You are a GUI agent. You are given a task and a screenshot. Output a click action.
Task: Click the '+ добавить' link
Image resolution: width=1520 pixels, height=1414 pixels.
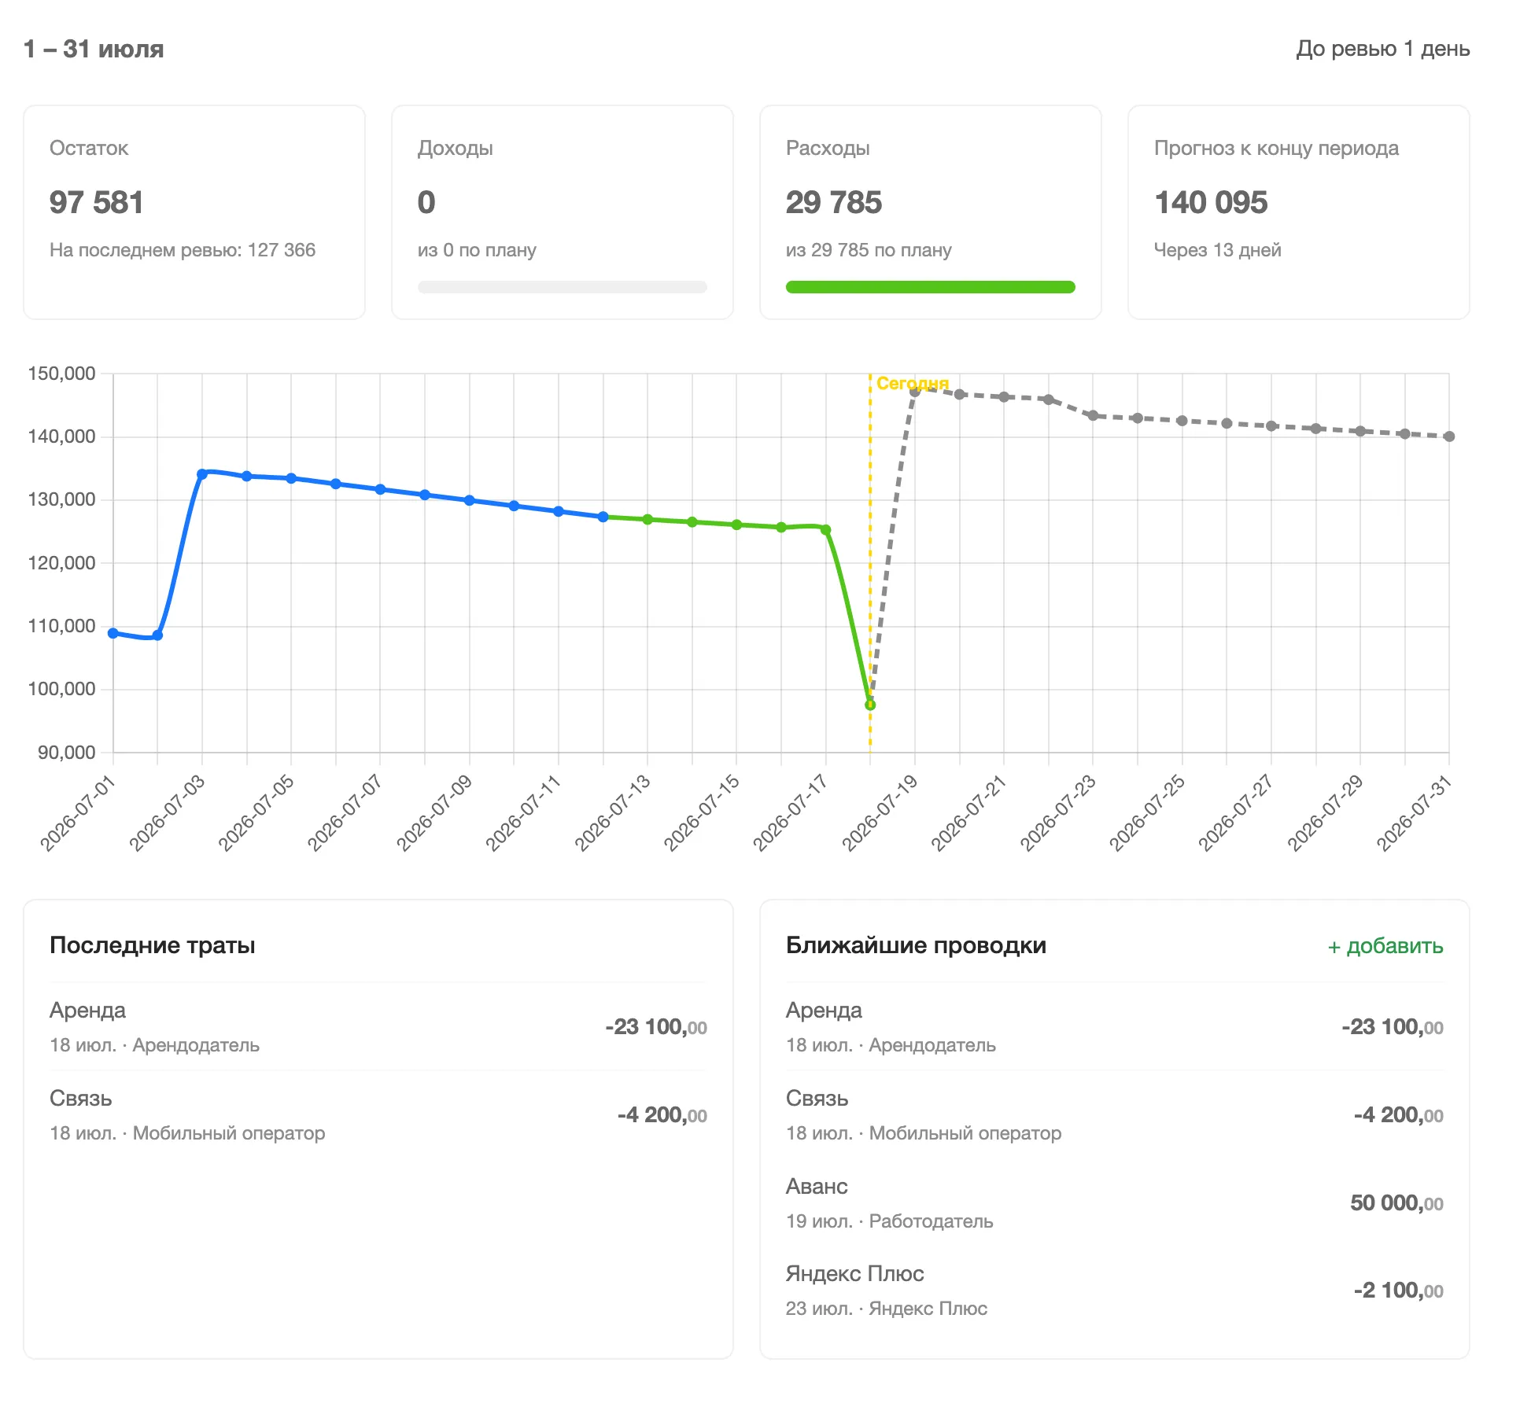[x=1385, y=946]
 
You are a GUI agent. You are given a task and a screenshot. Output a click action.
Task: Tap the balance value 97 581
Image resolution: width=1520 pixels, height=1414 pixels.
[x=96, y=202]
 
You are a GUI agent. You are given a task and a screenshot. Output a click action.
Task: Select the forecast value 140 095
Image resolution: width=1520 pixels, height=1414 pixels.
[x=1211, y=202]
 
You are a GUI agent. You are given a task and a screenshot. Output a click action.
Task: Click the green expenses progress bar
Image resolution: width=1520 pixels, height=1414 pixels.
[x=930, y=287]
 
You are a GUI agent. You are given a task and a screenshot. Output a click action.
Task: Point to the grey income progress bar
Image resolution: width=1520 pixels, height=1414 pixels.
[x=562, y=287]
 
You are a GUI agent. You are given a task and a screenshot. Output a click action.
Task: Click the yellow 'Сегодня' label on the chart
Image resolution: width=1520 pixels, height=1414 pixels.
[x=913, y=383]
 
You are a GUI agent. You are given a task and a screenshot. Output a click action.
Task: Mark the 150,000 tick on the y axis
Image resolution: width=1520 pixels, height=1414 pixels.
[x=61, y=374]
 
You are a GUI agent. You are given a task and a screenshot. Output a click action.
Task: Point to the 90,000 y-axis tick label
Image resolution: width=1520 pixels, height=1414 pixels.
[x=67, y=753]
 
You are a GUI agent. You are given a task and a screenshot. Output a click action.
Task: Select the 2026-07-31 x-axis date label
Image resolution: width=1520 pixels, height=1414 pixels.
[x=1415, y=813]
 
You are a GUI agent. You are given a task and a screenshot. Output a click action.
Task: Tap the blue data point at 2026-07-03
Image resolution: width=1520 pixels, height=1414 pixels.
[x=202, y=474]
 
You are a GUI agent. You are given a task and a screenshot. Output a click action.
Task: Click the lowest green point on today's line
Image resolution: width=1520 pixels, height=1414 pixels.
[x=870, y=705]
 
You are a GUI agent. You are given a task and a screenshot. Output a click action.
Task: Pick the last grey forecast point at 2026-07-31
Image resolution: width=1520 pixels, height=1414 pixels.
[x=1449, y=436]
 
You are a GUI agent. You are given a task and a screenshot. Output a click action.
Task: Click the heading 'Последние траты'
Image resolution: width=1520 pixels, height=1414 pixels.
[x=153, y=945]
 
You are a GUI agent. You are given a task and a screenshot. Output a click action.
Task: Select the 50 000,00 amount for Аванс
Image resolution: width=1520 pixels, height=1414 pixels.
[x=1396, y=1202]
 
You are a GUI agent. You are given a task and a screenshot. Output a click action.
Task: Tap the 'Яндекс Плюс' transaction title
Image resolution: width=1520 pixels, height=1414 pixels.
[x=854, y=1273]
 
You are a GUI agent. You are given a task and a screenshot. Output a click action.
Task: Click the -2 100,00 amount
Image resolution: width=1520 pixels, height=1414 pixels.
[x=1398, y=1290]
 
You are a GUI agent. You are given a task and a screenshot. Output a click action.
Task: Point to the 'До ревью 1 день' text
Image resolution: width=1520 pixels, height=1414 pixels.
[x=1383, y=49]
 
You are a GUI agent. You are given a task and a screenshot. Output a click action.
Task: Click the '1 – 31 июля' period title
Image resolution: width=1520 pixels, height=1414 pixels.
[x=94, y=49]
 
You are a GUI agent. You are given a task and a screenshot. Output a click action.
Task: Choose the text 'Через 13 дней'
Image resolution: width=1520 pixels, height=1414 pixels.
[x=1217, y=250]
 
